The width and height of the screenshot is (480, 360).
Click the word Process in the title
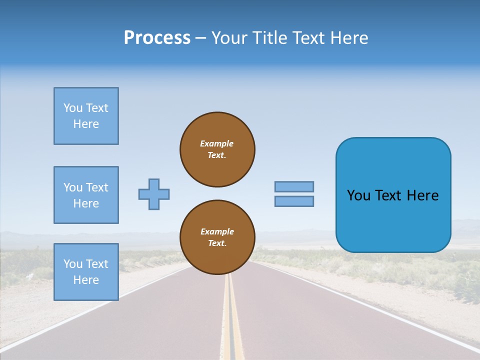157,38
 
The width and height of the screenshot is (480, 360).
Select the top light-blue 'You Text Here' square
86,116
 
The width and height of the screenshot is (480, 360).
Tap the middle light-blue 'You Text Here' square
86,195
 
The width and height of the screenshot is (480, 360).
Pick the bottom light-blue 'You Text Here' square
86,272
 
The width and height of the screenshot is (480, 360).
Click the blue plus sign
154,194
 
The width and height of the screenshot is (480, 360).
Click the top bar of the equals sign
294,186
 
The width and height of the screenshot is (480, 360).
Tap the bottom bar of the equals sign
294,201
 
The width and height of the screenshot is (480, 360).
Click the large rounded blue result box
393,220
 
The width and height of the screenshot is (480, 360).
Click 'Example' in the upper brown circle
217,143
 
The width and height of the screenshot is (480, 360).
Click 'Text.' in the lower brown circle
217,243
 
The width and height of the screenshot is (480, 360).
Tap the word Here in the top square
86,124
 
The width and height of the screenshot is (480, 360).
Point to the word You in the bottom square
72,264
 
